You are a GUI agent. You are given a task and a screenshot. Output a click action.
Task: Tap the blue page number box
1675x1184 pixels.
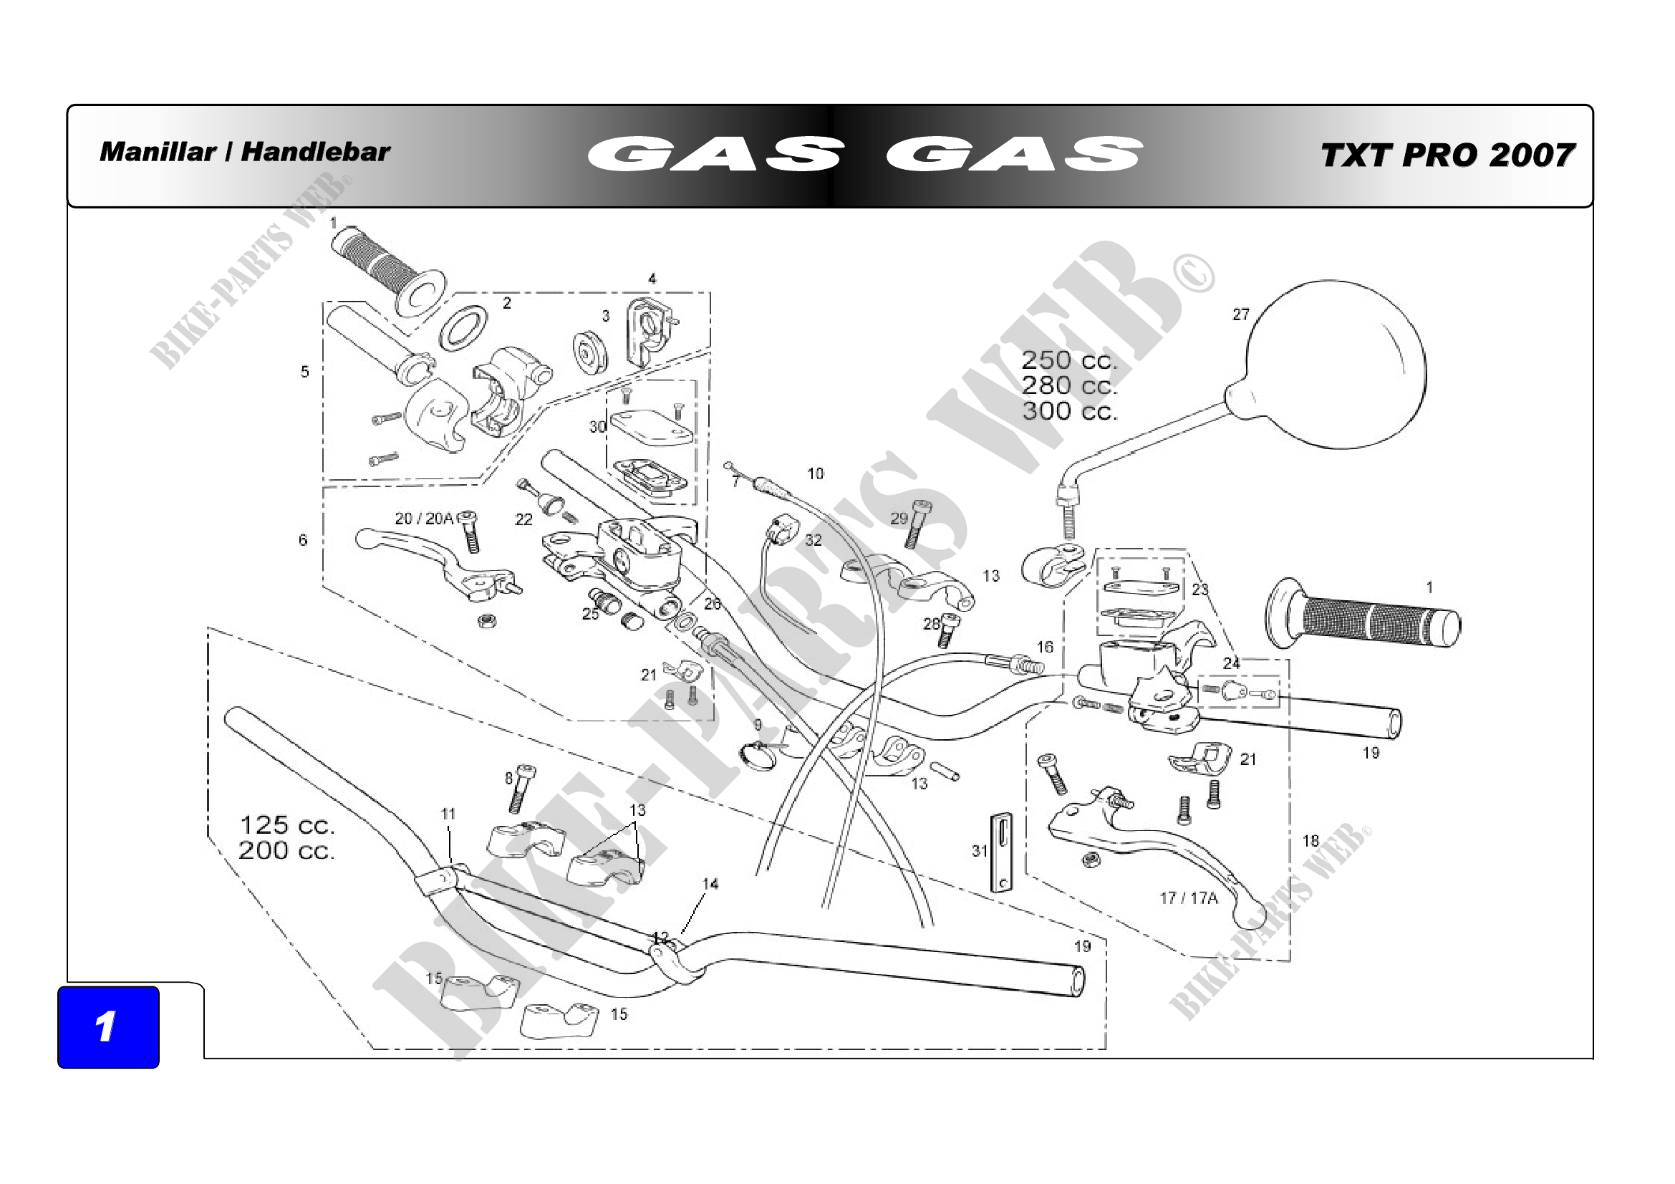[x=109, y=1027]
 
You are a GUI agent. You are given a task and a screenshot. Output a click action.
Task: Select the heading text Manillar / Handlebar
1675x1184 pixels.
[x=245, y=152]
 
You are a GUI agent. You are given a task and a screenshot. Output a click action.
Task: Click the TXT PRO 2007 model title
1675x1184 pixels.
[x=1447, y=155]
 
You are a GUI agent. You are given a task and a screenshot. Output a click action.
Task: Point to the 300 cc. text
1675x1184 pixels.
[x=1069, y=410]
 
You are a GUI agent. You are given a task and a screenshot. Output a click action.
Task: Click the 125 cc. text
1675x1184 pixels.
[x=286, y=825]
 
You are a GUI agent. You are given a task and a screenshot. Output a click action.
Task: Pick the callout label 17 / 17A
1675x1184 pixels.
[x=1189, y=898]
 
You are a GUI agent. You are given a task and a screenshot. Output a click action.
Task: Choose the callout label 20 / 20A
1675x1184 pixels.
[x=424, y=518]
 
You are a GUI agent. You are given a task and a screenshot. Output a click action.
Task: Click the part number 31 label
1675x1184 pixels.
[x=979, y=851]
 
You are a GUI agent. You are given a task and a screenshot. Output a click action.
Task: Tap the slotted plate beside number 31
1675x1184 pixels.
[x=1003, y=852]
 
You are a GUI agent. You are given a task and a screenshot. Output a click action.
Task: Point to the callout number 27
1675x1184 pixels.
[x=1241, y=314]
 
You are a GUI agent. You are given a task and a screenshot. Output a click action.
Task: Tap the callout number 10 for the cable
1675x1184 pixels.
[x=815, y=473]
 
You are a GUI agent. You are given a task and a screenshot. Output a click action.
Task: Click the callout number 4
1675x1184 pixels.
[x=652, y=279]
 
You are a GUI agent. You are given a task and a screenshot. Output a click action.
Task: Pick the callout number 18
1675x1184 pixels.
[x=1310, y=840]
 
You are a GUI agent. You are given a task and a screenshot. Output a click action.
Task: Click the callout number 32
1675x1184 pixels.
[x=814, y=540]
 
